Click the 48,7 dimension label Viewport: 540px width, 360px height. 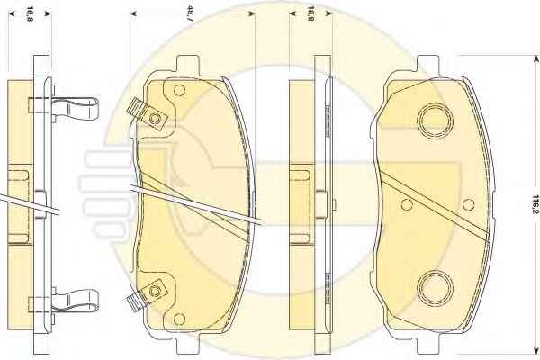pyautogui.click(x=190, y=13)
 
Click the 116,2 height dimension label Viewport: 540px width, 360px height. pyautogui.click(x=535, y=204)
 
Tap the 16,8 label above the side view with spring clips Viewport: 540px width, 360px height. pyautogui.click(x=30, y=13)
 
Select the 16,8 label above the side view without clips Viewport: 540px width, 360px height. pyautogui.click(x=310, y=13)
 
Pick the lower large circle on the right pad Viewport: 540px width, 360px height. pyautogui.click(x=435, y=288)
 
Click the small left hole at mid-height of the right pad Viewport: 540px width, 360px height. pyautogui.click(x=407, y=204)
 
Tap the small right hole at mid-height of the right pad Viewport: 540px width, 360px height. pyautogui.click(x=468, y=204)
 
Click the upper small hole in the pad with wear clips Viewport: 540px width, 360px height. pyautogui.click(x=179, y=90)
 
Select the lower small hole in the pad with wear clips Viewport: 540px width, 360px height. pyautogui.click(x=179, y=319)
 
